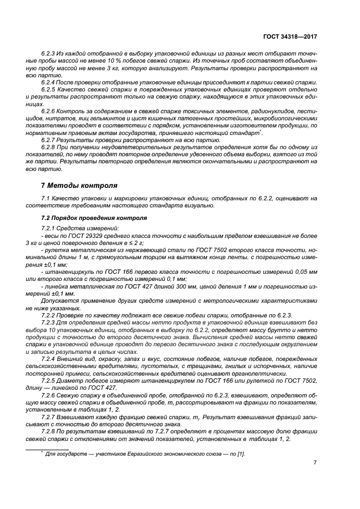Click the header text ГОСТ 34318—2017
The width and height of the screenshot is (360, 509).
(x=289, y=37)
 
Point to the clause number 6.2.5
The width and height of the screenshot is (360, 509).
(x=50, y=89)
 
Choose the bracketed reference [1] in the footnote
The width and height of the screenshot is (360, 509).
(x=240, y=453)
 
